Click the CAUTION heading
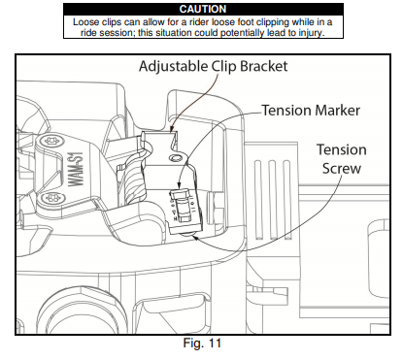tap(203, 9)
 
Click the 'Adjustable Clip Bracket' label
tap(213, 67)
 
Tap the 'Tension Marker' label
tap(311, 111)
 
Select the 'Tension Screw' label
tap(342, 159)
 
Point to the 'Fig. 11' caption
tap(202, 343)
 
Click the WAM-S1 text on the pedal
tap(77, 170)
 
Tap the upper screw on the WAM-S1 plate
tap(50, 141)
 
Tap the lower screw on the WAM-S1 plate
tap(51, 198)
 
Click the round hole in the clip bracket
tap(176, 158)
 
